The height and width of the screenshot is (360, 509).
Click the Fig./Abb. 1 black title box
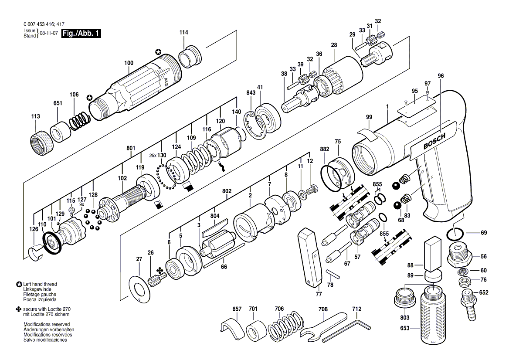(81, 34)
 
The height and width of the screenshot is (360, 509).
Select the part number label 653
(405, 328)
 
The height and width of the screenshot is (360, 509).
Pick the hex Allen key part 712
(348, 329)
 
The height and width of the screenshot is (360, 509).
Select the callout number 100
(129, 63)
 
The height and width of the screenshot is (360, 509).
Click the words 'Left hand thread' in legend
(40, 284)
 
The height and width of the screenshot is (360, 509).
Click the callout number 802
(227, 191)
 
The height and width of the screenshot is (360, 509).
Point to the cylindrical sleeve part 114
(190, 55)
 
